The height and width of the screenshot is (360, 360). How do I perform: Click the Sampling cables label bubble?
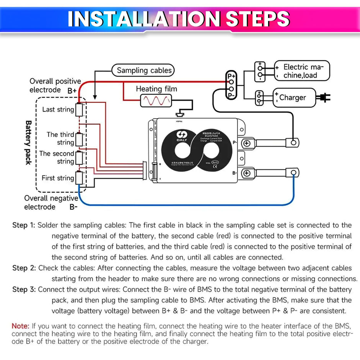[x=143, y=70]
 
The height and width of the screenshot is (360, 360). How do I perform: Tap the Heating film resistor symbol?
[x=156, y=101]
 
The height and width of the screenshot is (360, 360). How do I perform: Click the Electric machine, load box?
[x=301, y=71]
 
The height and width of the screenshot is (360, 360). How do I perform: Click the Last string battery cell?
[x=79, y=110]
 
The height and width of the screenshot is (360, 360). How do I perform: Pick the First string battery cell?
[x=79, y=178]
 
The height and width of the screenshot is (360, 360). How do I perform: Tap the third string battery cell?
[x=79, y=139]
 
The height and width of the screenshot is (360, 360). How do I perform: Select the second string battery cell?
[x=79, y=157]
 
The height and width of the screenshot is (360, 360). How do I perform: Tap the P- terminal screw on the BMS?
[x=247, y=144]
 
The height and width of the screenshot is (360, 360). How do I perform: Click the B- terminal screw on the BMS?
[x=247, y=173]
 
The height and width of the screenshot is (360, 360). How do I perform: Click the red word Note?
[x=20, y=326]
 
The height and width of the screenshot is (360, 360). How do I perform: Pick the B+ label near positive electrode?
[x=72, y=91]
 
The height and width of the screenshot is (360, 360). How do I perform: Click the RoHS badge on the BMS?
[x=216, y=162]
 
